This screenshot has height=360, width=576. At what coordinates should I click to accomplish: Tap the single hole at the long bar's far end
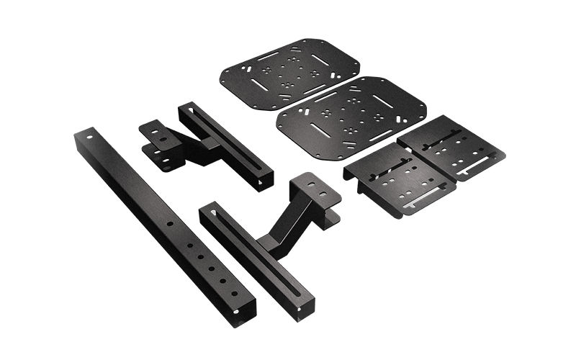point(88,135)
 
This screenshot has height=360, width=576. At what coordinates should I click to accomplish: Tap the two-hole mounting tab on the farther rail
point(156,133)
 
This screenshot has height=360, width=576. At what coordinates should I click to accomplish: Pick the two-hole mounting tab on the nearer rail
point(314,187)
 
